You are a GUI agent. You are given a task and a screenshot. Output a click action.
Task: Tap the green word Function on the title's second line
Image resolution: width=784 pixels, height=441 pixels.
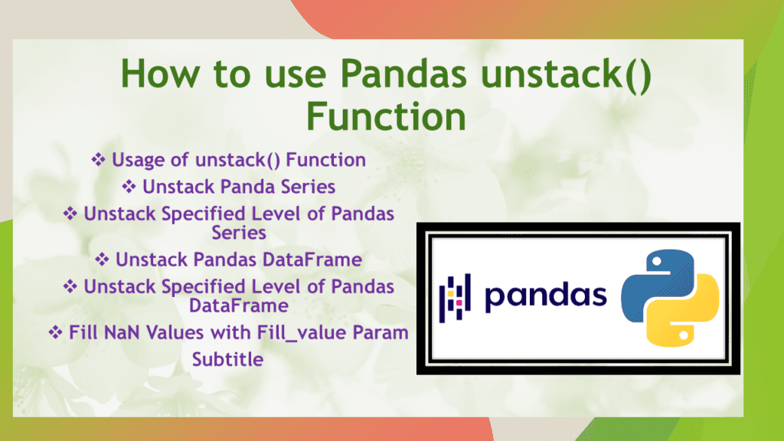386,117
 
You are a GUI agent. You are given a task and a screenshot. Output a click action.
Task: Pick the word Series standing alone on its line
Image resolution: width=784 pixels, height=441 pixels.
239,231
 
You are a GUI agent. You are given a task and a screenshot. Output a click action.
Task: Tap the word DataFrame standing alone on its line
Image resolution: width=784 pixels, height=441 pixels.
239,305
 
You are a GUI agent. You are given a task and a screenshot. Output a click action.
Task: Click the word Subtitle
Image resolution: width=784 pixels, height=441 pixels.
227,358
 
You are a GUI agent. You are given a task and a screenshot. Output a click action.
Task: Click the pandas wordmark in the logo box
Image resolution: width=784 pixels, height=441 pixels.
545,296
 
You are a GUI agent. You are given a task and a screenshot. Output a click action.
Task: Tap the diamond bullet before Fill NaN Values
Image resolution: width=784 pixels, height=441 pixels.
56,334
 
